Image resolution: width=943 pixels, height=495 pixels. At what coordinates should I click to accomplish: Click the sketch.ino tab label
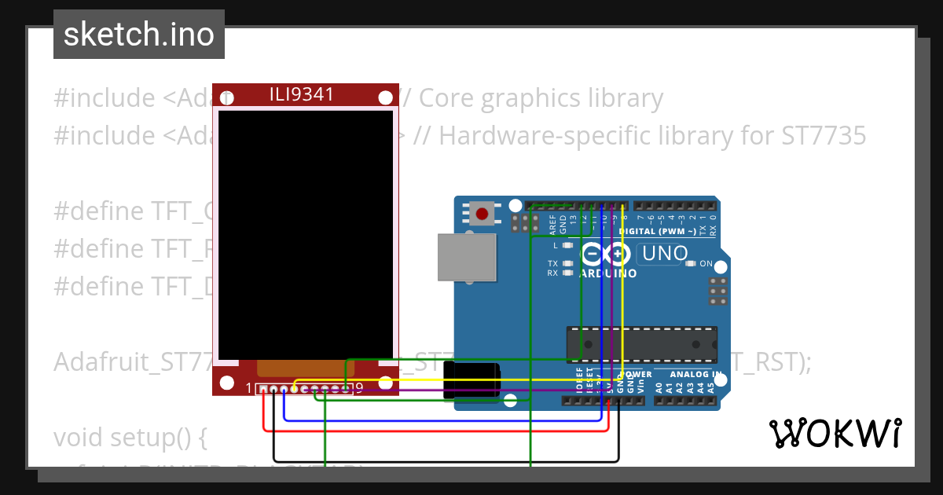click(x=138, y=35)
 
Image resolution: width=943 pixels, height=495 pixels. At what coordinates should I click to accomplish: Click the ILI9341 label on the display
click(x=302, y=95)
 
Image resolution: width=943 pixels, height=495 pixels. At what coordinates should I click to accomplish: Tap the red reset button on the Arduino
click(x=483, y=213)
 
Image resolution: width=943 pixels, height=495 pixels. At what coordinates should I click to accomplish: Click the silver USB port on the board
click(x=468, y=257)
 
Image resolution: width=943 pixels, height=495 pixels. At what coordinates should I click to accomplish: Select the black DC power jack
click(x=471, y=380)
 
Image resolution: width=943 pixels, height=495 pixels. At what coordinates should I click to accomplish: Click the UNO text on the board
click(x=665, y=254)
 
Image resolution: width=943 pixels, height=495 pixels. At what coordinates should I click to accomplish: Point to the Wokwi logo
click(x=835, y=433)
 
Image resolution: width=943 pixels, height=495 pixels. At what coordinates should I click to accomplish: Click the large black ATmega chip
click(x=641, y=344)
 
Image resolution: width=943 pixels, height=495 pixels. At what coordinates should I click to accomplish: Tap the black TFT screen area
click(x=305, y=234)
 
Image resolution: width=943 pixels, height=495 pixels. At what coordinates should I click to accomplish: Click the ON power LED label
click(x=706, y=264)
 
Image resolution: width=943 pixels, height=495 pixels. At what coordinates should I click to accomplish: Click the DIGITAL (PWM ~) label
click(x=657, y=231)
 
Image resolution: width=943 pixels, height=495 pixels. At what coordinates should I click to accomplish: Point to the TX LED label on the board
click(x=552, y=263)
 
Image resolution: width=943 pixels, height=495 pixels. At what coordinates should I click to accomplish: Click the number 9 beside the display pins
click(x=359, y=387)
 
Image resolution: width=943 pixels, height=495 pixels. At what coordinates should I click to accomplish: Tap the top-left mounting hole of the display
click(x=227, y=98)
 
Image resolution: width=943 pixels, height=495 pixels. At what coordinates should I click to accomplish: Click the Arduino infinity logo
click(x=605, y=255)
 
